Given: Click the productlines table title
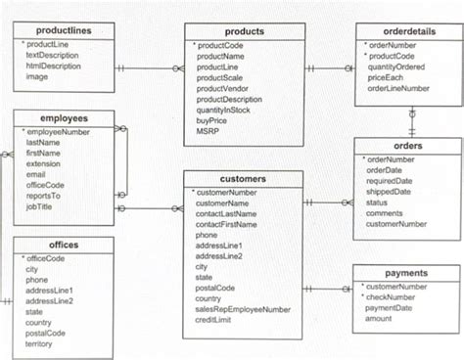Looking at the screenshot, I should click(62, 31).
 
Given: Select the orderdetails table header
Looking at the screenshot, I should click(407, 31).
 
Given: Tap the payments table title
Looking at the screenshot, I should click(406, 273).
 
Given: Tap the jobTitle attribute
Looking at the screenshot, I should click(41, 206).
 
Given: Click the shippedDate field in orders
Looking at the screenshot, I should click(389, 192).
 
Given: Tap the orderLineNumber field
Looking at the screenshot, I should click(400, 87).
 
